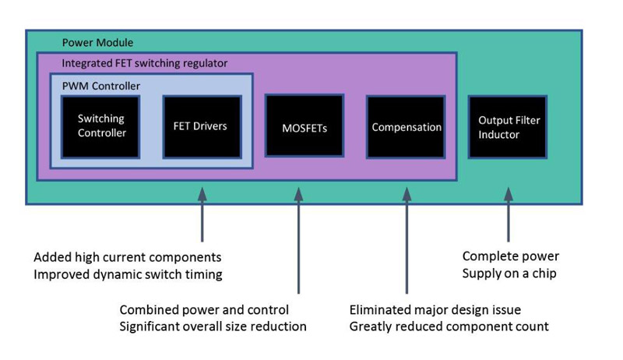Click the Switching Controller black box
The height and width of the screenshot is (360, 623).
point(101,126)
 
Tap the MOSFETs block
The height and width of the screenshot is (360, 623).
point(304,126)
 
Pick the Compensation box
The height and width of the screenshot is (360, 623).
point(406,127)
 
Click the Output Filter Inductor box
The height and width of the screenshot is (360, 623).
point(507,127)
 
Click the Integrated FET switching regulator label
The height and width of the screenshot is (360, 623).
point(145,62)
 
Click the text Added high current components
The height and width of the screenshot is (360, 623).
point(128,257)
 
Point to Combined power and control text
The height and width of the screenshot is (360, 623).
point(204,309)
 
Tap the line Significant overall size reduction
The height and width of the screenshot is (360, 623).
point(213,326)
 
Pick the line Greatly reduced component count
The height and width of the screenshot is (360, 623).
point(449,326)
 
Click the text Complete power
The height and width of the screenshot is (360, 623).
point(511,256)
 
